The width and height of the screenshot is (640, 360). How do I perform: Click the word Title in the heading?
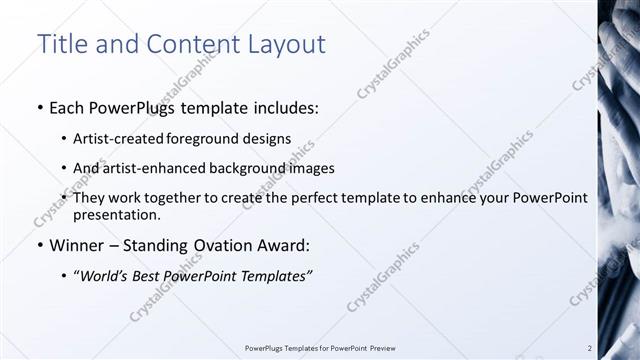click(x=61, y=45)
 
